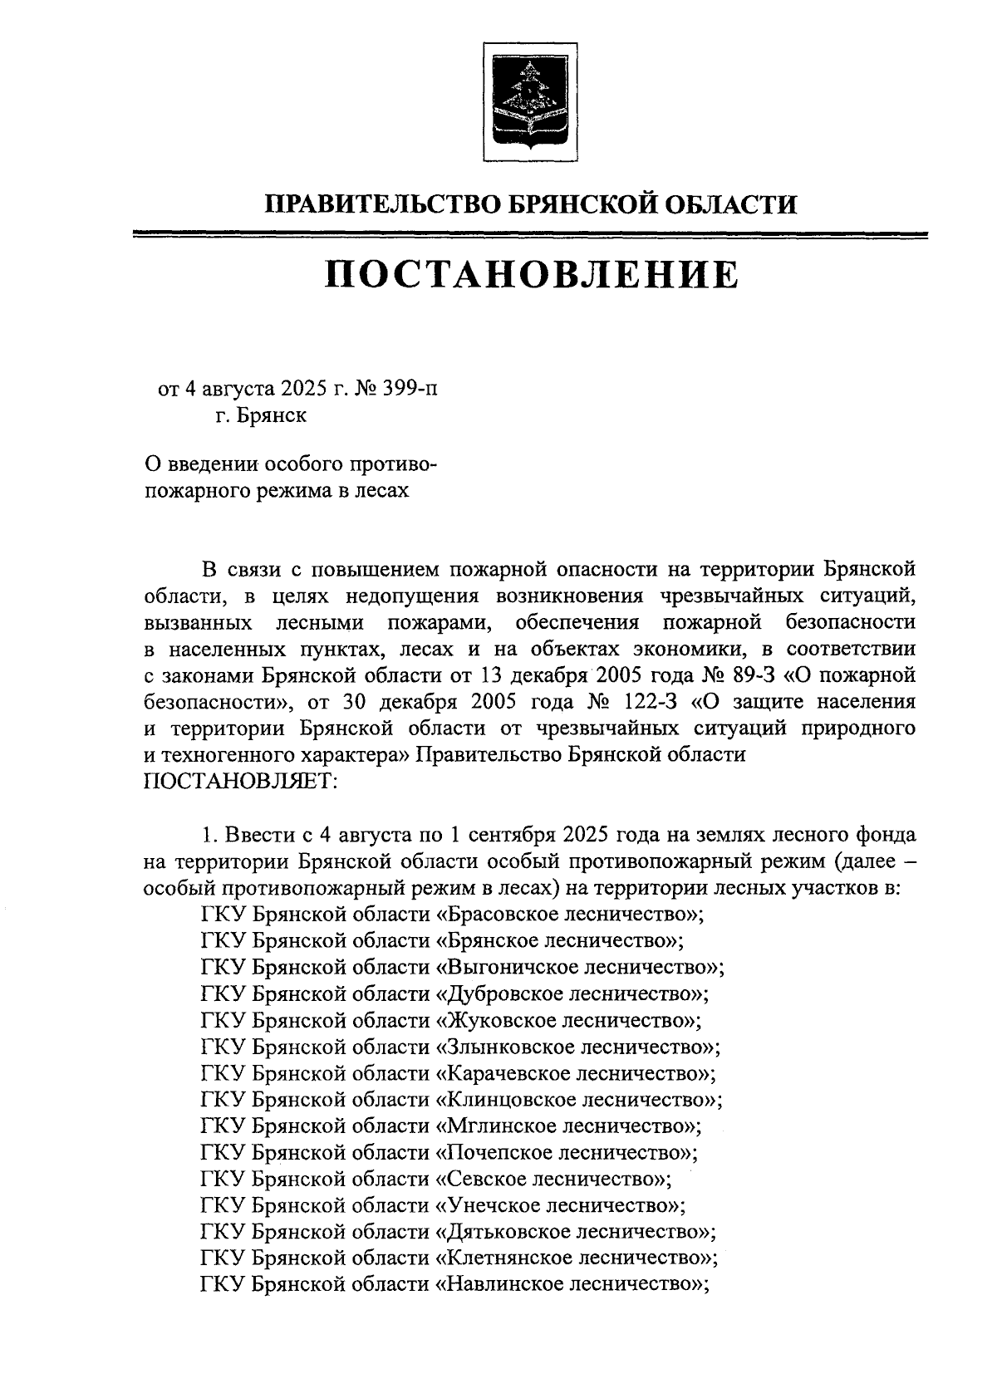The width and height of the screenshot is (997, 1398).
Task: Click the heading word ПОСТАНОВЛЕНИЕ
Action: click(x=531, y=275)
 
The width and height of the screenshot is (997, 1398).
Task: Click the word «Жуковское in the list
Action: click(x=494, y=1020)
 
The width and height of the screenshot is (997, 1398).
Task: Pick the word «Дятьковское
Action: click(x=501, y=1233)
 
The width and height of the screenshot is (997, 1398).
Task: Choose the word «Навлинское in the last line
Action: click(x=494, y=1286)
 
